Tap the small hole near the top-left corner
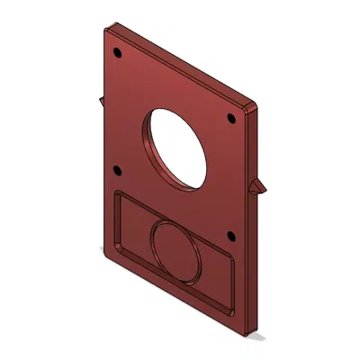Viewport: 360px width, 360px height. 116,51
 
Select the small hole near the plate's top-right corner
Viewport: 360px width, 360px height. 231,118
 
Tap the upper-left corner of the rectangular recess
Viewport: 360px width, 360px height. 117,193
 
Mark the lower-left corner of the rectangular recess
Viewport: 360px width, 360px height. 114,246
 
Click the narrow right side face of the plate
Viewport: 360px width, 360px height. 259,234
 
